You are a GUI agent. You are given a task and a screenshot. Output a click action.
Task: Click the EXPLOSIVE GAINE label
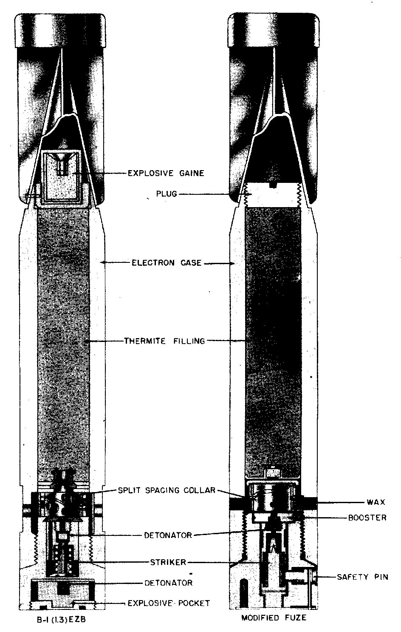(166, 173)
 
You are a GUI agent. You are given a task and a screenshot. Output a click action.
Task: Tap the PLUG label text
(167, 194)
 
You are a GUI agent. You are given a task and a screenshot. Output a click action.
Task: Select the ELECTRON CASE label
(167, 263)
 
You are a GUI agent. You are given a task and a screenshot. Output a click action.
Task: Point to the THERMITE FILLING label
(164, 341)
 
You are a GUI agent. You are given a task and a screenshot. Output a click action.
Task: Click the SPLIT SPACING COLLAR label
(167, 490)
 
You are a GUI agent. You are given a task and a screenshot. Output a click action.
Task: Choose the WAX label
(376, 502)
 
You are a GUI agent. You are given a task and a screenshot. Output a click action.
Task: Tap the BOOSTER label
(367, 518)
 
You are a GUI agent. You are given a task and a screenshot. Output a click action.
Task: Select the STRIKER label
(168, 562)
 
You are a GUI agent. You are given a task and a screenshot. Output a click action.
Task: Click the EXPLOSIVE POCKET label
(169, 604)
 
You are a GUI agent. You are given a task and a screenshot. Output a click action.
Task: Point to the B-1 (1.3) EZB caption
(61, 619)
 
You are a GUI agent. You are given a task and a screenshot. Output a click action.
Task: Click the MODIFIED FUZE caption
(274, 618)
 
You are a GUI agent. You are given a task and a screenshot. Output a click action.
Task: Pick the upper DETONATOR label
(168, 535)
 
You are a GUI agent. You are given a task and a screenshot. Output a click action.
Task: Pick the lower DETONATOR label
(168, 583)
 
